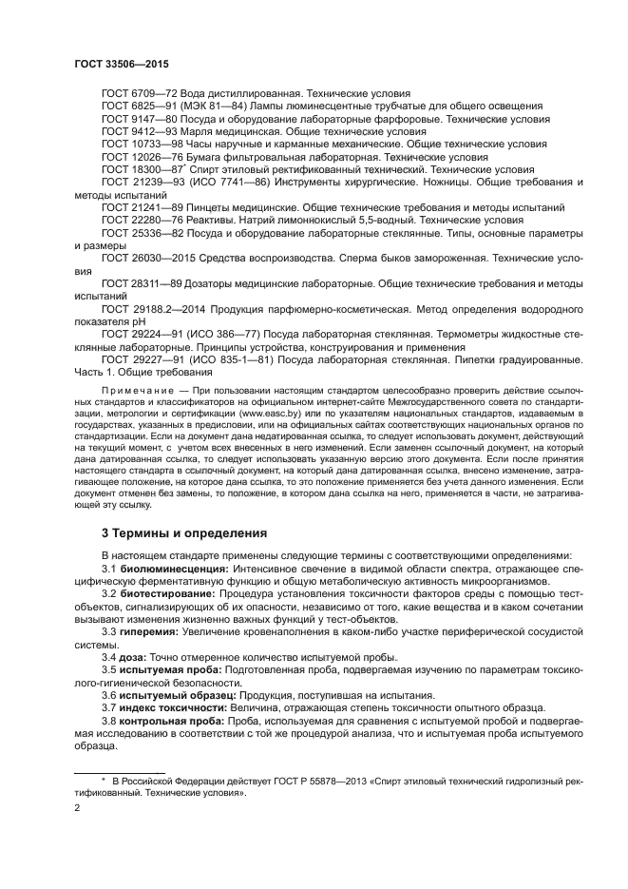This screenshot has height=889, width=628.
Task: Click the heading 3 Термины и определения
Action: (184, 531)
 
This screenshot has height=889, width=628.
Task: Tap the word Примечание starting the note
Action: (141, 390)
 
